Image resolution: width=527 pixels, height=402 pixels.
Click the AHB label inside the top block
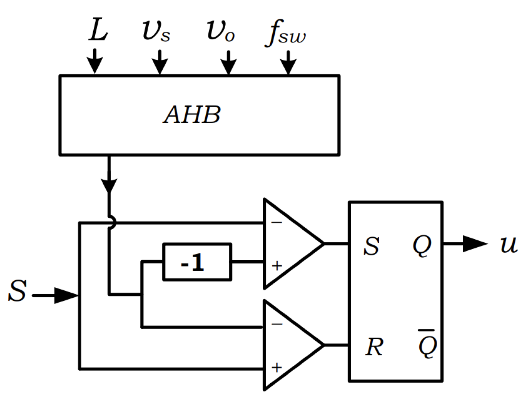[x=192, y=115]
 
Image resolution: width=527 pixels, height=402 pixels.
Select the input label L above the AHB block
[x=98, y=30]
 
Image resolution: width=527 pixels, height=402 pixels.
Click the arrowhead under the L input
[x=95, y=65]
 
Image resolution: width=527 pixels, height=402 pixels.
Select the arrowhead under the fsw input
[x=289, y=66]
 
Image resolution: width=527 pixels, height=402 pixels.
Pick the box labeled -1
[x=197, y=262]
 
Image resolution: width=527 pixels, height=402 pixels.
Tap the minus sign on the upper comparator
[x=276, y=222]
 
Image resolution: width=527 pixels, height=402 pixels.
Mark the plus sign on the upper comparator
[x=276, y=265]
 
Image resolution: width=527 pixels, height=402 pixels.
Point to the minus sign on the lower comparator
[x=276, y=324]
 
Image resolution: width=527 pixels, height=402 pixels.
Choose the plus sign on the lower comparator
[x=276, y=367]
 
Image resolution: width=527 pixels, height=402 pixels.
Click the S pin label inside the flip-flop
[x=371, y=246]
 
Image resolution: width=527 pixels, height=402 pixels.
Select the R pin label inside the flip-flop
[x=374, y=347]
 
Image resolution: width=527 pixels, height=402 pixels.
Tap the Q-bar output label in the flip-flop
[x=427, y=345]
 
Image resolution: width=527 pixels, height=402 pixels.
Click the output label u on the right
[x=509, y=244]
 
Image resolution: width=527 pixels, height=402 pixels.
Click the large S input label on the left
[x=18, y=291]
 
